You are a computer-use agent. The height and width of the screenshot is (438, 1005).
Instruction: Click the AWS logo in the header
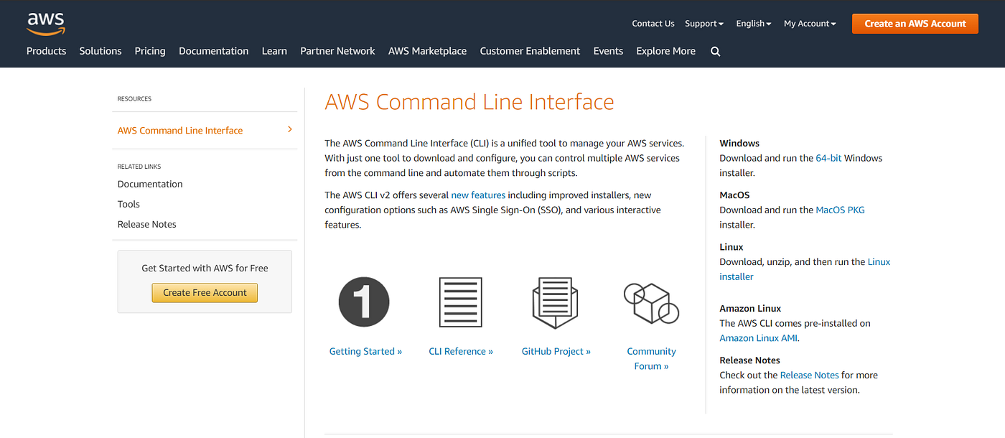[46, 23]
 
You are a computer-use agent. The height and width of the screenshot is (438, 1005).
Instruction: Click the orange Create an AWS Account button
[915, 24]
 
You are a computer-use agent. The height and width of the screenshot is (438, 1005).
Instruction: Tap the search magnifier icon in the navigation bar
[715, 52]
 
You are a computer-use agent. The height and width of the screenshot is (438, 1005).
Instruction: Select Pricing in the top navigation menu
[150, 51]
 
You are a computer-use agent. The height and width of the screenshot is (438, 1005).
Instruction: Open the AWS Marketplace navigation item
[427, 51]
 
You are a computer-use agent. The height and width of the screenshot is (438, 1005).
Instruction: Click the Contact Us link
[653, 24]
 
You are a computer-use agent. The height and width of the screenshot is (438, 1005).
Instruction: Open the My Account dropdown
[810, 24]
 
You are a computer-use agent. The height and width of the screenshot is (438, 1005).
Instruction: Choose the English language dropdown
[753, 24]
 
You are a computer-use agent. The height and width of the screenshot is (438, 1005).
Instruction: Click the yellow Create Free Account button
[205, 292]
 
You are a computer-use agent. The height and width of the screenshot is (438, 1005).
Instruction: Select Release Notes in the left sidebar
[147, 224]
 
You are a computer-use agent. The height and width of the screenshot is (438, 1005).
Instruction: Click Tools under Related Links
[128, 204]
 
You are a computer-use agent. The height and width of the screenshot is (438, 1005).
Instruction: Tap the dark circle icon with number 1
[364, 302]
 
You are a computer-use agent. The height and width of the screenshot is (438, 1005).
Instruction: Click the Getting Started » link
[365, 351]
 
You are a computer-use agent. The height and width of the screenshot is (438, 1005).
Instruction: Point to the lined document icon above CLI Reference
[460, 302]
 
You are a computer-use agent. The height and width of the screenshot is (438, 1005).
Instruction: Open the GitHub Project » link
[556, 351]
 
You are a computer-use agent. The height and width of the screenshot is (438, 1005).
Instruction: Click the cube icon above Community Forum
[651, 302]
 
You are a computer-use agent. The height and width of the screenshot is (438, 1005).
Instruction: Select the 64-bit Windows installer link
[828, 158]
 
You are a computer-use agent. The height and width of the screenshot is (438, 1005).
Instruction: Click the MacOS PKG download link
[840, 210]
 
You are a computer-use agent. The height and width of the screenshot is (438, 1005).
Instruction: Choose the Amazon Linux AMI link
[758, 338]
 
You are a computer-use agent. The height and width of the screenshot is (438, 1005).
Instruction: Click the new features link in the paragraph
[478, 195]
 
